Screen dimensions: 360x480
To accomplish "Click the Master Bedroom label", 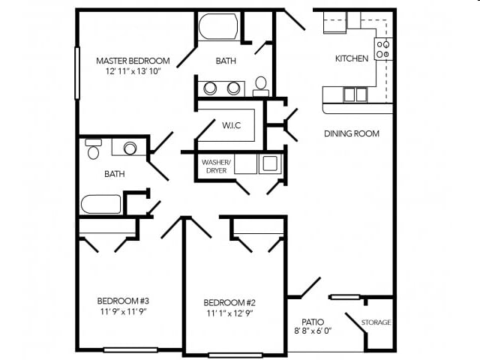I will pos(133,61).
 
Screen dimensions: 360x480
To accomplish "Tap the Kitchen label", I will pos(351,58).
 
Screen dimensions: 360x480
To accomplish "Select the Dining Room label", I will pos(351,133).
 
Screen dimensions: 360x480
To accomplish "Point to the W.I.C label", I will pos(230,124).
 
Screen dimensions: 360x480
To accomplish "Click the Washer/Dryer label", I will pos(216,165).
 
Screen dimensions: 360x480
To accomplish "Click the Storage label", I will pos(376,322).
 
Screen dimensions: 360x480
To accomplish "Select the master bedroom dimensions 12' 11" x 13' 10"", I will pos(133,72).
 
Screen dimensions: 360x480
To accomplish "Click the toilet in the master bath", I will pos(261,85).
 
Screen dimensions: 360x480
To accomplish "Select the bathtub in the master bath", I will pos(218,28).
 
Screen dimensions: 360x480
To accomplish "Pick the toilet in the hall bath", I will pos(94,150).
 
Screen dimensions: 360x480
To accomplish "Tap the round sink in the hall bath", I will pos(130,148).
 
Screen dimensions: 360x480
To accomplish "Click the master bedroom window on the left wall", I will pos(76,73).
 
